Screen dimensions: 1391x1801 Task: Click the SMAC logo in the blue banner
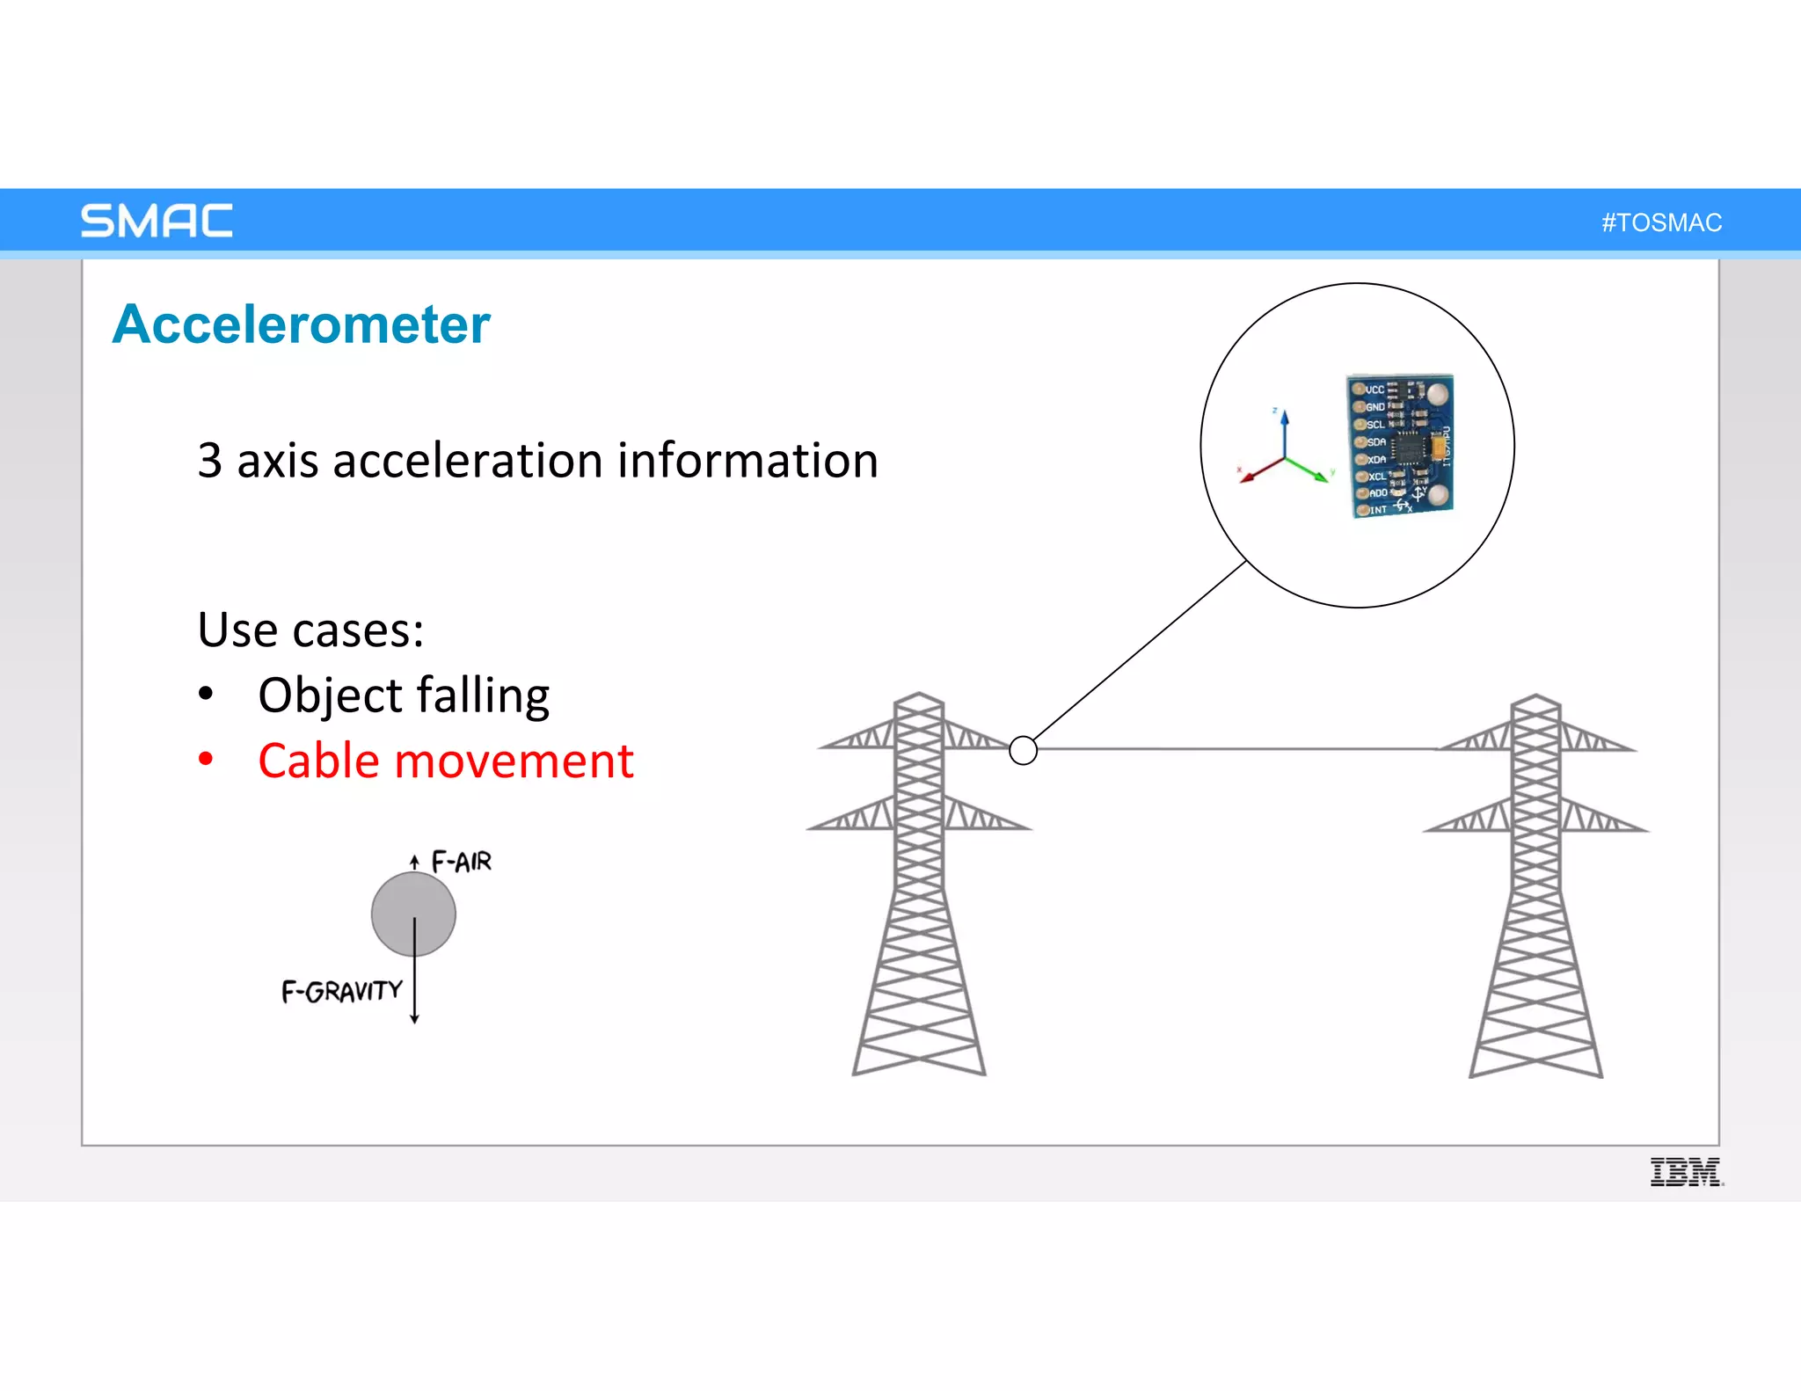coord(157,221)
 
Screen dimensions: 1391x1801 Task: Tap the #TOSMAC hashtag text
coord(1661,222)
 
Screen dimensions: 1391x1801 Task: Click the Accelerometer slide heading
coord(301,324)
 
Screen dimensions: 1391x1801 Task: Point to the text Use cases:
coord(310,630)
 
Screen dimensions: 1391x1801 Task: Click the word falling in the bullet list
coord(483,696)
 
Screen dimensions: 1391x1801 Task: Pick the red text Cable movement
coord(446,761)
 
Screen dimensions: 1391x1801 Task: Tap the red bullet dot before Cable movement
coord(206,759)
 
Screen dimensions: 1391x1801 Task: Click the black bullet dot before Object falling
coord(206,694)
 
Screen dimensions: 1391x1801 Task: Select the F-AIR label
coord(462,862)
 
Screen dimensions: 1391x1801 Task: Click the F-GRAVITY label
coord(341,992)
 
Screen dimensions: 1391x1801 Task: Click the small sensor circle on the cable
coord(1023,750)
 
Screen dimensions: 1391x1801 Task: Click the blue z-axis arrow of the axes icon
coord(1285,431)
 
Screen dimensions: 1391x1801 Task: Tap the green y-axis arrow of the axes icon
coord(1310,470)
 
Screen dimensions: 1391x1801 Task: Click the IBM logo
coord(1685,1172)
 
